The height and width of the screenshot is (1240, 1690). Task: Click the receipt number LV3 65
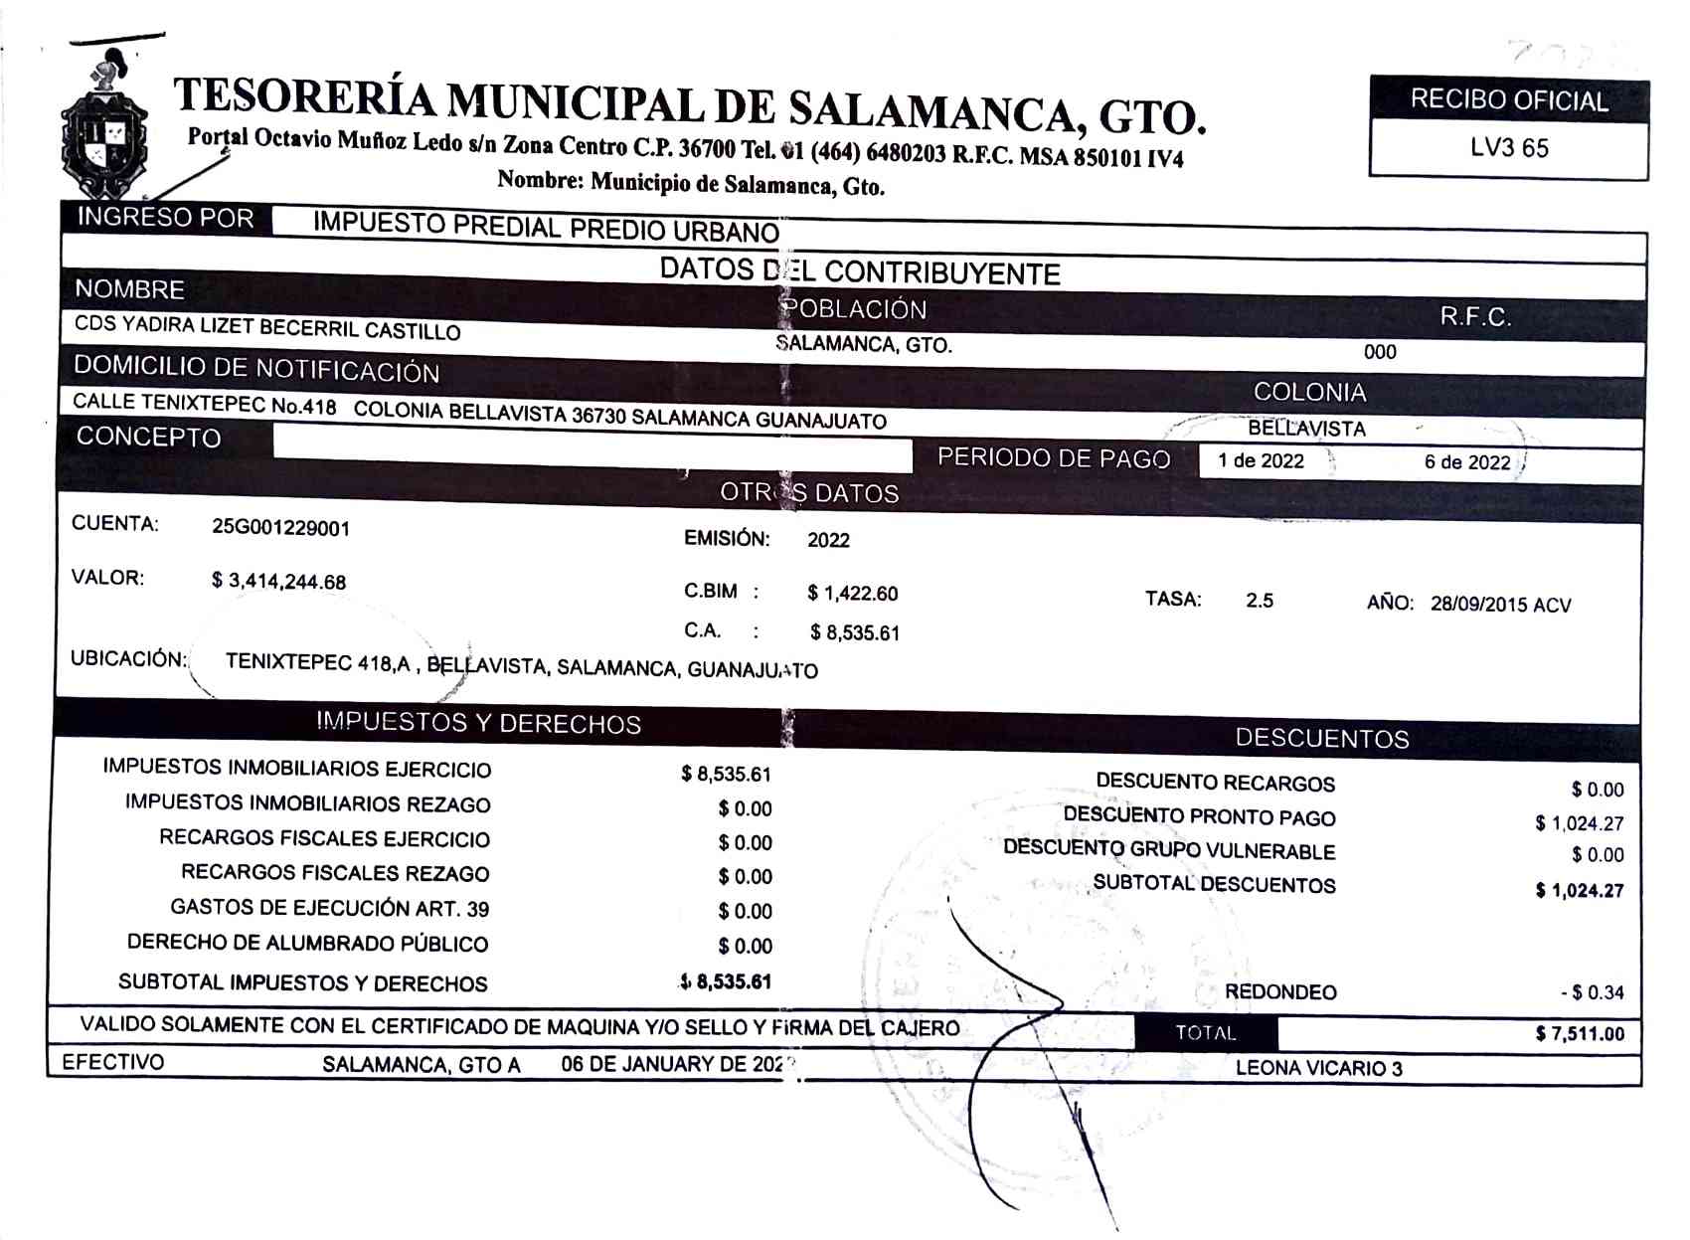point(1508,148)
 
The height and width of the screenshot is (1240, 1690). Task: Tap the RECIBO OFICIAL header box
point(1508,100)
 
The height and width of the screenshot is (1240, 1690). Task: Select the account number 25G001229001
point(280,528)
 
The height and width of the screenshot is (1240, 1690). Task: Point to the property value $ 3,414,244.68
point(278,582)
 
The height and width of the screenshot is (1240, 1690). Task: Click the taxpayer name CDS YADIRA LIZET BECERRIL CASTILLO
point(267,328)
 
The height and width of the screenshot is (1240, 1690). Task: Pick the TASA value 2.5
point(1259,601)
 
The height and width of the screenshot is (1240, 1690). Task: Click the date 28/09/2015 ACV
point(1500,605)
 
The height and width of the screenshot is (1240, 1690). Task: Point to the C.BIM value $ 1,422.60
point(852,594)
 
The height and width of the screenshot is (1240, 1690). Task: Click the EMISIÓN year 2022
point(828,540)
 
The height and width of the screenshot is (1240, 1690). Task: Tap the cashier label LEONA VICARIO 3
point(1318,1068)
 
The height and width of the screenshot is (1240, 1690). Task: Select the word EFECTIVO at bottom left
point(112,1062)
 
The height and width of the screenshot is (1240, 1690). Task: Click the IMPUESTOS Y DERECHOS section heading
point(478,723)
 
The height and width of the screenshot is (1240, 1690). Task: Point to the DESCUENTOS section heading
point(1321,738)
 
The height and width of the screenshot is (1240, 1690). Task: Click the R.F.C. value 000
point(1380,352)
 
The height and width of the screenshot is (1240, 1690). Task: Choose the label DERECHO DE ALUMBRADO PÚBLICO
point(307,943)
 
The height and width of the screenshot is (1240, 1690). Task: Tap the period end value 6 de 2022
point(1466,462)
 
